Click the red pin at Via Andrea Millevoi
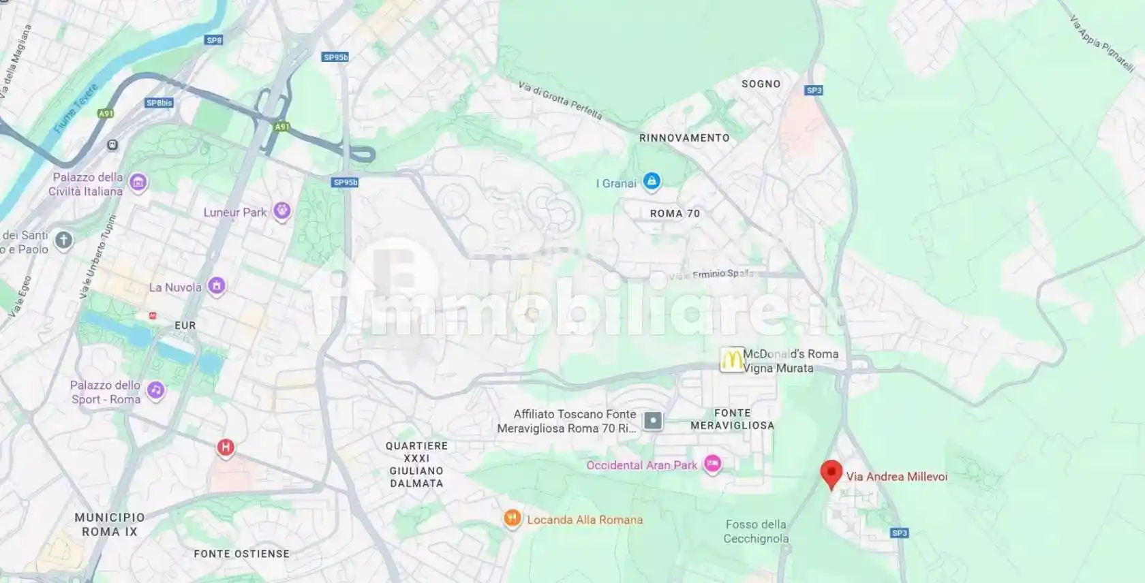(x=831, y=473)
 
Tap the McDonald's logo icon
(x=732, y=360)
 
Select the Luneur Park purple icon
(x=281, y=211)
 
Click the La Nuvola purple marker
(x=217, y=286)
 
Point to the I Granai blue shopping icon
(x=652, y=181)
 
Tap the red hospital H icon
(x=226, y=447)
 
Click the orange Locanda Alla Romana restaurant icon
(x=512, y=519)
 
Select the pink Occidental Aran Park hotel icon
(x=712, y=464)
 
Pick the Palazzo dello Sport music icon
(x=156, y=390)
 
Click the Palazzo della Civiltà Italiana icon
(x=138, y=183)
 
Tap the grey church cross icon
(x=63, y=240)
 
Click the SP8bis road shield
(x=159, y=103)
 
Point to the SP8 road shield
(x=214, y=40)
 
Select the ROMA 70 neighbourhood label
(x=675, y=213)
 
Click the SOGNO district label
(x=761, y=84)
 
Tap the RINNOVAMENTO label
(x=684, y=138)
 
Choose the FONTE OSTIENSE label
(x=241, y=554)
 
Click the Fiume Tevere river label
(x=76, y=108)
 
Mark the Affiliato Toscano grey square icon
(x=653, y=421)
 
